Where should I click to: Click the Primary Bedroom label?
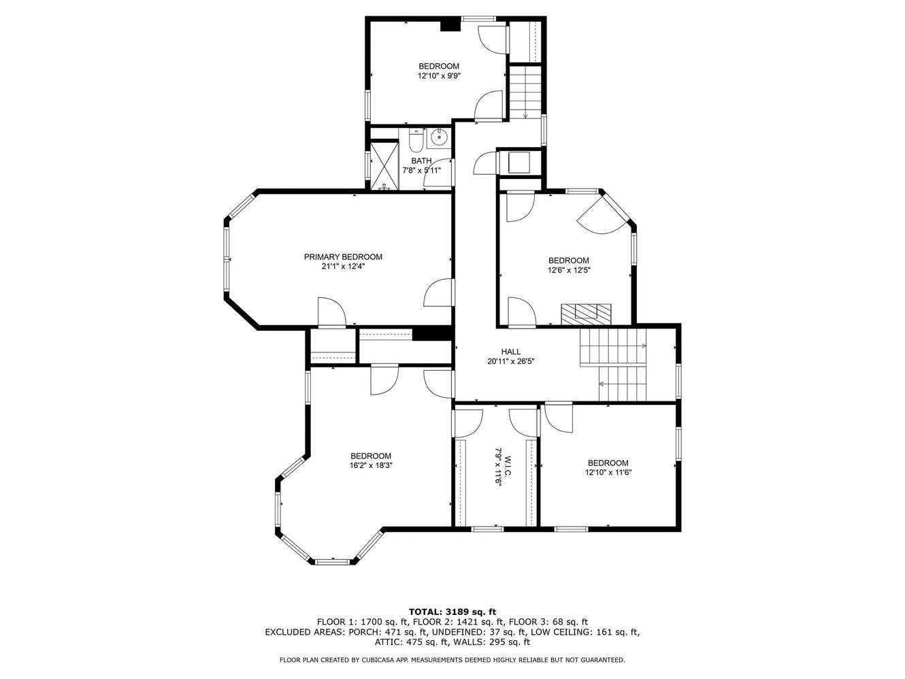click(x=343, y=257)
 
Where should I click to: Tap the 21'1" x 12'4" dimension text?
click(x=343, y=267)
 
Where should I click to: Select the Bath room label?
click(x=421, y=161)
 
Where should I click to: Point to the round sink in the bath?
click(x=440, y=136)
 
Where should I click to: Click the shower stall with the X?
click(x=384, y=166)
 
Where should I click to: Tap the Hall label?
click(x=511, y=352)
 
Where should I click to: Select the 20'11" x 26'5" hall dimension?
click(x=511, y=361)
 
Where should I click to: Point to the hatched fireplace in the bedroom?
click(x=586, y=314)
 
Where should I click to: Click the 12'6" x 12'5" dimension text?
click(x=569, y=271)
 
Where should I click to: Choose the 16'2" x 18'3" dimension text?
click(x=371, y=465)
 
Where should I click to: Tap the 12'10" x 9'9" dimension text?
click(x=439, y=76)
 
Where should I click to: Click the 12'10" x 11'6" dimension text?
click(x=608, y=472)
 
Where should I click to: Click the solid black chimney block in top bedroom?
click(x=450, y=24)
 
